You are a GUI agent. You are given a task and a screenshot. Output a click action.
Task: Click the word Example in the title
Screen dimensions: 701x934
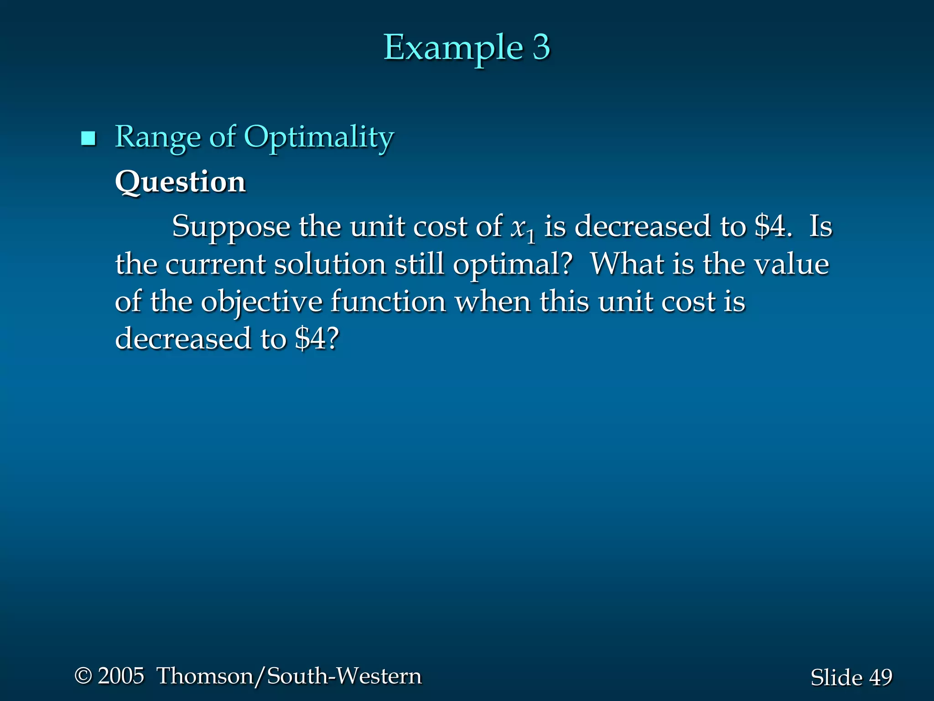click(x=452, y=47)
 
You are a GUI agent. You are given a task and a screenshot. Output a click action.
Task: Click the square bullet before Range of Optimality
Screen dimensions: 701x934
click(x=88, y=138)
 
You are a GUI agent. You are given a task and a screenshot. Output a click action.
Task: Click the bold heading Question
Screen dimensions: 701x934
click(x=181, y=182)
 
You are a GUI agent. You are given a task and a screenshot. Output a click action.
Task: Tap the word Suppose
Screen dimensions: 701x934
click(x=231, y=227)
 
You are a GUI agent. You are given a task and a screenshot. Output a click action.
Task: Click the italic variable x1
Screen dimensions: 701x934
click(x=522, y=228)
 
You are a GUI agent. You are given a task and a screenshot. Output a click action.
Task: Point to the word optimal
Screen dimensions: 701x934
click(x=512, y=265)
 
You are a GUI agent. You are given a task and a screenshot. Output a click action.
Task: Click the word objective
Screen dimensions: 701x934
click(x=262, y=302)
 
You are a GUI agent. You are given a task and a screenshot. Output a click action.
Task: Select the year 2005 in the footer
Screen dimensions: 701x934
click(x=121, y=675)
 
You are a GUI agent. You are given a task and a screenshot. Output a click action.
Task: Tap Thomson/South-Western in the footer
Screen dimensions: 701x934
click(x=289, y=676)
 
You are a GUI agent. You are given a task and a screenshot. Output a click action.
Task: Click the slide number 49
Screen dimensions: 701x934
click(x=880, y=677)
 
